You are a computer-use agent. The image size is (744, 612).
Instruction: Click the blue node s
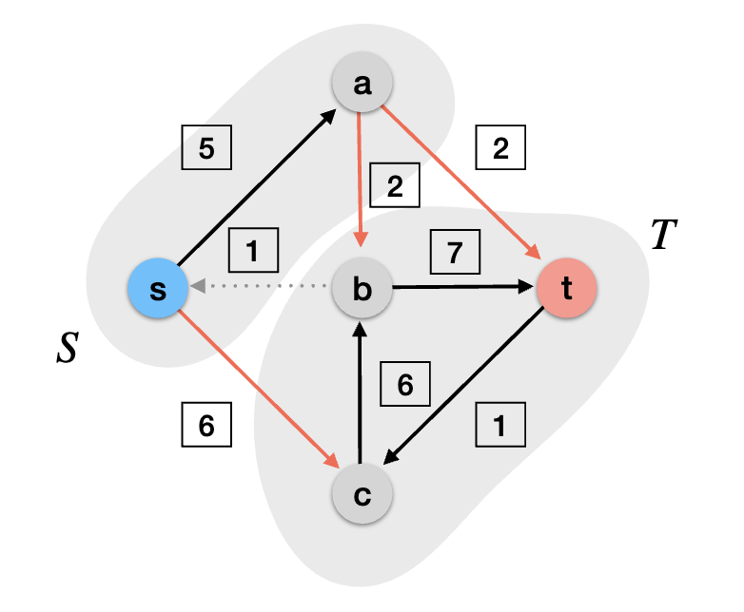[158, 288]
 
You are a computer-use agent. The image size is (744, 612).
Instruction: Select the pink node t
[567, 288]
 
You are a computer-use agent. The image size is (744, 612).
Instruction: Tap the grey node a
[362, 84]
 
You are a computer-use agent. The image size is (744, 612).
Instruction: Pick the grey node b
[362, 288]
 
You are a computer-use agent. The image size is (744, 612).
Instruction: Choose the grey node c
[362, 494]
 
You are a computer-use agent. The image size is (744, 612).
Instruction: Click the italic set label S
[66, 350]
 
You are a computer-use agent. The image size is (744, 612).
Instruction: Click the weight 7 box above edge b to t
[455, 252]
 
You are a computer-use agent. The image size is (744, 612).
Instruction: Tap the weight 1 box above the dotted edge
[252, 252]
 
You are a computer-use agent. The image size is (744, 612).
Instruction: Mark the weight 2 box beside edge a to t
[499, 148]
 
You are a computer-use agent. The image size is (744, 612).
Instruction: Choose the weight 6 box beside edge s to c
[206, 426]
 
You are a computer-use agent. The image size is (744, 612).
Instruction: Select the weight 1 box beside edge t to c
[499, 426]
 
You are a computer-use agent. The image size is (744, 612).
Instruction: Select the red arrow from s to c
[257, 386]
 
